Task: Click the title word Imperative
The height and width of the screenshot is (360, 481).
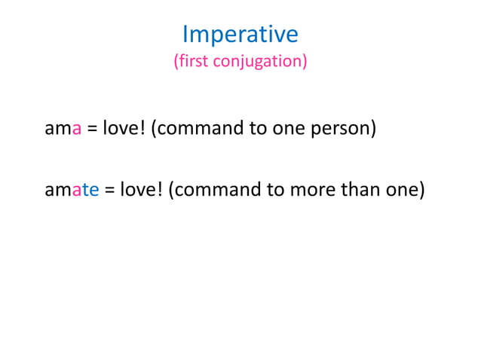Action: (x=240, y=34)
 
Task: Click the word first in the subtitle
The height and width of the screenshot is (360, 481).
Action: (x=191, y=61)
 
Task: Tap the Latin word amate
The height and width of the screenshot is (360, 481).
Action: (x=72, y=189)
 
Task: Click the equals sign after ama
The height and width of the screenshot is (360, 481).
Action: (x=91, y=129)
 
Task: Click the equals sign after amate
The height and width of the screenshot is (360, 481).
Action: (x=109, y=190)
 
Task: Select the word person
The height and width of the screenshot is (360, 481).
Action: (x=344, y=129)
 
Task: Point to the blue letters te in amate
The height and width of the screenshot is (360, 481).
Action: (x=91, y=189)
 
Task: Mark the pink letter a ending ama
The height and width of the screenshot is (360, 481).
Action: (x=76, y=129)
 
